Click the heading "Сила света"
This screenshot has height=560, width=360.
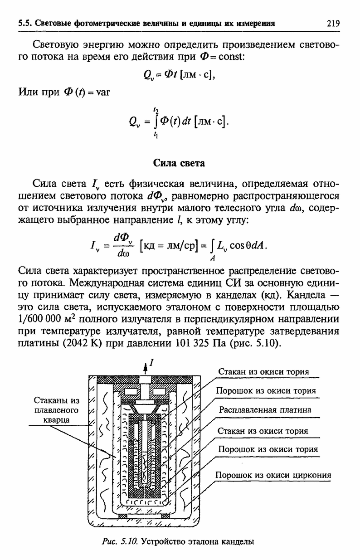(x=180, y=163)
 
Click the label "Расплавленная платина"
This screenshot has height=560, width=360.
(x=265, y=409)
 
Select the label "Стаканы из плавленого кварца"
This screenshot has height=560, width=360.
(x=57, y=410)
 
